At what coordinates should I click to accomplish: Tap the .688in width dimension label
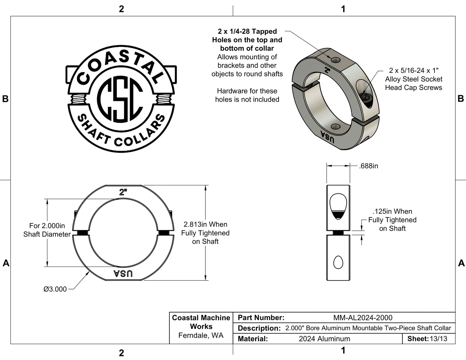coord(368,166)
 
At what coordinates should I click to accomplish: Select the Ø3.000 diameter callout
coord(55,289)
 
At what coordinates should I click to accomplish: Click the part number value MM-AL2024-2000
coord(363,318)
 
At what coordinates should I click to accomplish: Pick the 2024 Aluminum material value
coord(324,339)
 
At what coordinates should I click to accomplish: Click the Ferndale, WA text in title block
coord(201,336)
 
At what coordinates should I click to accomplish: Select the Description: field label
coord(259,328)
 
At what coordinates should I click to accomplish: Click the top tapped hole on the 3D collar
coord(335,60)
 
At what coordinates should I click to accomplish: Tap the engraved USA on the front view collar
coord(123,274)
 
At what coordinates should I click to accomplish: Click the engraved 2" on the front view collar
coord(123,192)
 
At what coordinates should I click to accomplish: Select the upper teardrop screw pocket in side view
coord(338,206)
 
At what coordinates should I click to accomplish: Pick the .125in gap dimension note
coord(392,220)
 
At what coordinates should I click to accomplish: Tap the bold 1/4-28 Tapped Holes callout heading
coord(247,40)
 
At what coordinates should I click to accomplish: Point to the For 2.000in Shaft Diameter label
coord(47,230)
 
